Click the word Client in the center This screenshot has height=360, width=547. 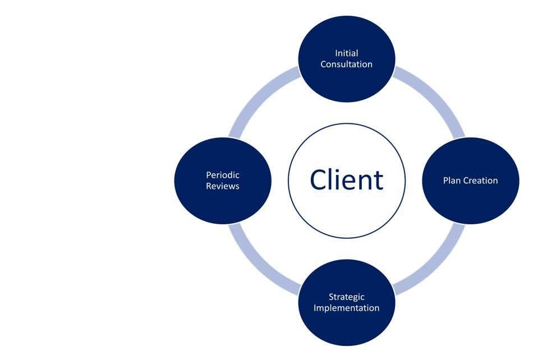346,180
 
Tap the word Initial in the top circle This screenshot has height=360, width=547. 346,53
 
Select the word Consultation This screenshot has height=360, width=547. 346,64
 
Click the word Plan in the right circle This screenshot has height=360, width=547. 452,181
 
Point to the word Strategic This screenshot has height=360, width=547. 346,297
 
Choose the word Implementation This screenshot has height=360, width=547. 346,308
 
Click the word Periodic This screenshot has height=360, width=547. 223,175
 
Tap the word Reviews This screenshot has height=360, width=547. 223,186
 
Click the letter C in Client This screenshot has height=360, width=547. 319,180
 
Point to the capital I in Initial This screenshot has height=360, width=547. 337,53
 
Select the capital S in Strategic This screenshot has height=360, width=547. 331,297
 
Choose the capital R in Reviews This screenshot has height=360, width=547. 209,186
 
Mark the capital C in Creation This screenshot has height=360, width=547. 466,181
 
